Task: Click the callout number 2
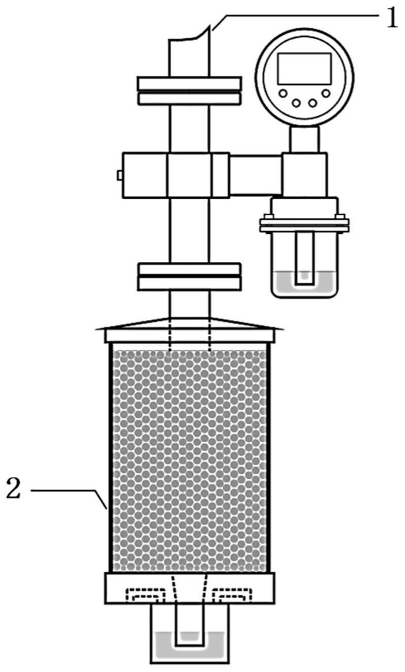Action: [x=14, y=488]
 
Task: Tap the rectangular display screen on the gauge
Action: [x=304, y=69]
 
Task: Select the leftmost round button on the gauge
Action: [x=283, y=94]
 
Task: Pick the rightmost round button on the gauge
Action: [x=326, y=94]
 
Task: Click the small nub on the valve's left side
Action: [x=120, y=175]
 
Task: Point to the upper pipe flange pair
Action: [x=190, y=90]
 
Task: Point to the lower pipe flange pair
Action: [x=190, y=277]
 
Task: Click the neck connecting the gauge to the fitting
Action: [x=304, y=139]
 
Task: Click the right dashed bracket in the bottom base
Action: [x=233, y=594]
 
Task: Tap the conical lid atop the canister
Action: [x=190, y=323]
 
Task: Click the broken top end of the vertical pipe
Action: [x=189, y=35]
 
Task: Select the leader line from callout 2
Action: [x=69, y=500]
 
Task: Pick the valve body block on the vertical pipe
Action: [x=176, y=175]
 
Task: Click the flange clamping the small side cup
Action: [x=304, y=223]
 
